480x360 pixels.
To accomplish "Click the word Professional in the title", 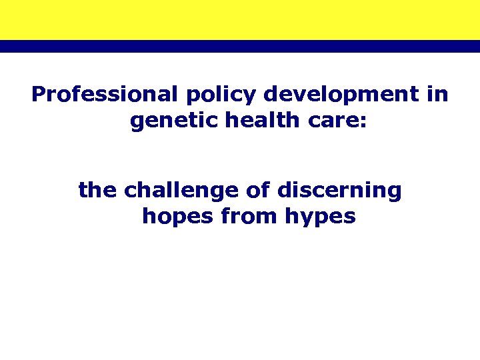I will point(105,95).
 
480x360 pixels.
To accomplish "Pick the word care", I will point(334,123).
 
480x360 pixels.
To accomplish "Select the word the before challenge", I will point(98,191).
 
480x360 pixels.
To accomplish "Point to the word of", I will point(257,191).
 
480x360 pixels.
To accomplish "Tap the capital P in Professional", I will point(38,95).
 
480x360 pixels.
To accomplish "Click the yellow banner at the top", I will point(240,19).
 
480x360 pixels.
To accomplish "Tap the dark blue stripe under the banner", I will point(240,46).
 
